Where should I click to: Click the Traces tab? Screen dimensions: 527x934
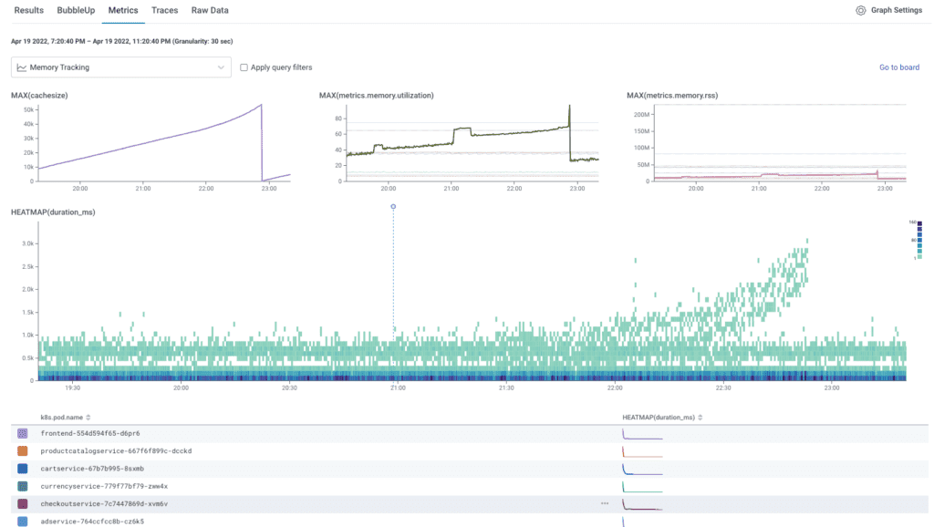point(165,10)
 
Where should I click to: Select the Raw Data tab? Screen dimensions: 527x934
point(210,10)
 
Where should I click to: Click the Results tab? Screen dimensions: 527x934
point(28,10)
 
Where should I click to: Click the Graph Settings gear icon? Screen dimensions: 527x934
point(860,11)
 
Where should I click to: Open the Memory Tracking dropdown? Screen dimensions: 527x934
point(121,67)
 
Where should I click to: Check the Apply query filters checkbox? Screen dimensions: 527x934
point(244,67)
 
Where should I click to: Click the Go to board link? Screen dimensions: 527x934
point(898,67)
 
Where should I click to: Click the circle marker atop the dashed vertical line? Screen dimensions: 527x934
point(393,207)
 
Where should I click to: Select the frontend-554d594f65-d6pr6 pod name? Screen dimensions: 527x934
point(89,433)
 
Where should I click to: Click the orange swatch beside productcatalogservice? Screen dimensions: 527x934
point(23,450)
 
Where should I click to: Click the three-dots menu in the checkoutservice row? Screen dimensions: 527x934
point(604,503)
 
